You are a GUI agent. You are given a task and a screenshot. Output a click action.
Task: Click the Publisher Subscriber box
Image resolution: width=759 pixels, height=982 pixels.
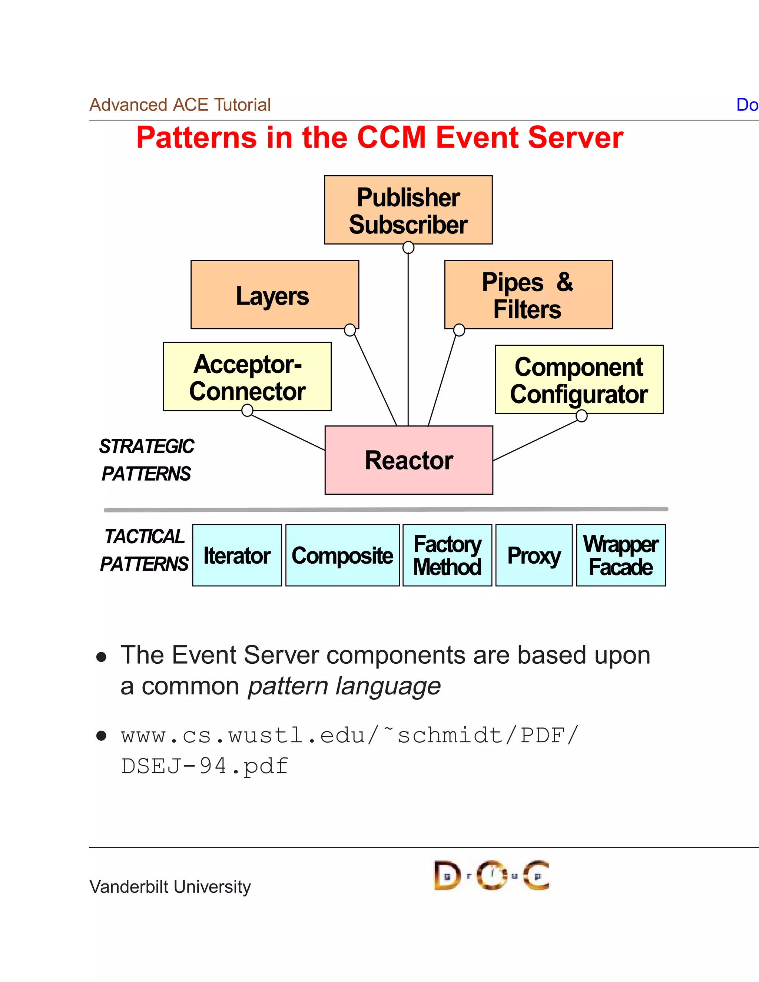click(408, 210)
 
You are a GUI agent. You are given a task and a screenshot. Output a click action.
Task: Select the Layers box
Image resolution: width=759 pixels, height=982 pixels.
click(275, 295)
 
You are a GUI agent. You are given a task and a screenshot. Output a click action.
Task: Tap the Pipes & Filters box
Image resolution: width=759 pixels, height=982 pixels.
click(528, 295)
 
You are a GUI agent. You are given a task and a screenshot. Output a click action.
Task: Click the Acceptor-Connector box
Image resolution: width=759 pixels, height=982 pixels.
click(247, 377)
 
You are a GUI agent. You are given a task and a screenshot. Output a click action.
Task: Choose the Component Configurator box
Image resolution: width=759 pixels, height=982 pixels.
click(579, 379)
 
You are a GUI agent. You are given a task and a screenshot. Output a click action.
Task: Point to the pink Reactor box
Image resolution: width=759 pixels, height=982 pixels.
click(409, 460)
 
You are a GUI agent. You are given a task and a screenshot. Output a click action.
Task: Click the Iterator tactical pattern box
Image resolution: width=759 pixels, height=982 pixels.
click(237, 555)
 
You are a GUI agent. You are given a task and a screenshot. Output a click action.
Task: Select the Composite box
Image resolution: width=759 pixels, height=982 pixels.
click(343, 555)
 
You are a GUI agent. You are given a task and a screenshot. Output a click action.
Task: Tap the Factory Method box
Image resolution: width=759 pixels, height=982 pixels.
click(447, 555)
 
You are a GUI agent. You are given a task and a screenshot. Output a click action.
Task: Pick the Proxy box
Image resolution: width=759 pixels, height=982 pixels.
click(534, 555)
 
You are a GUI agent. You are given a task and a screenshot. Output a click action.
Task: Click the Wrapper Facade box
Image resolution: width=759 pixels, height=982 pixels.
click(621, 555)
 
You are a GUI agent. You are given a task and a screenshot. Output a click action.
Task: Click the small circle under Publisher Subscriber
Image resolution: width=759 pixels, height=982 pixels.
click(408, 247)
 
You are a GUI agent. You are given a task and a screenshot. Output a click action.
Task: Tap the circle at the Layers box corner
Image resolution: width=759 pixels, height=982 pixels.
click(350, 330)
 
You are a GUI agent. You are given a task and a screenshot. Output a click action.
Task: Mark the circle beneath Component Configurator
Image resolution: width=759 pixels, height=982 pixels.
click(581, 417)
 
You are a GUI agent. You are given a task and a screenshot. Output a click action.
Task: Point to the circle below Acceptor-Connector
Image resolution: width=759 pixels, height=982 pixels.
click(247, 410)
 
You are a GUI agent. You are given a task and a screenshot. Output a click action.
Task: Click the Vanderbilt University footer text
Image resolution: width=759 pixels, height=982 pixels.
click(170, 887)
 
